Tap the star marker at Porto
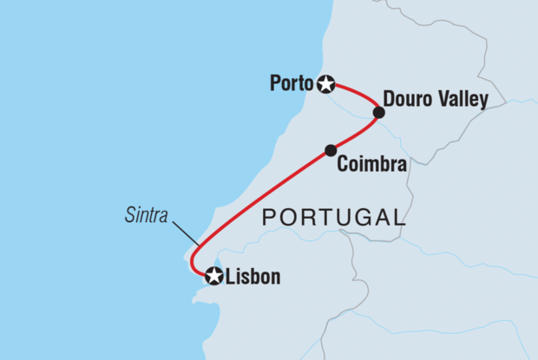click(325, 84)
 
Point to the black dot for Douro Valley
click(378, 112)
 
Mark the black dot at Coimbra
click(331, 150)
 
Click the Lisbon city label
click(253, 278)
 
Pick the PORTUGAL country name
click(334, 217)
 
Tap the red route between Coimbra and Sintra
click(260, 191)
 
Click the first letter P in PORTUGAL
click(269, 217)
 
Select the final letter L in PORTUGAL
click(398, 217)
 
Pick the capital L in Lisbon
click(230, 278)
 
